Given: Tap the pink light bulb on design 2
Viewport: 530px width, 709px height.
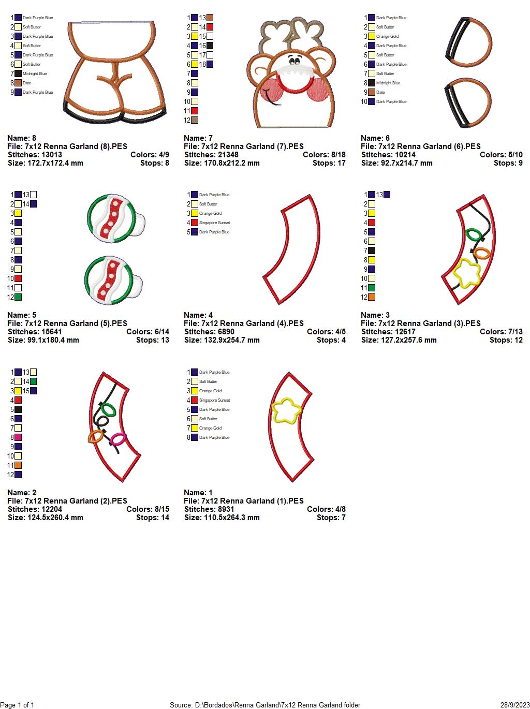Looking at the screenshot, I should pos(118,439).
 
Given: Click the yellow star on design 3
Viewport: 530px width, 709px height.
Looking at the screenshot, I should pos(467,272).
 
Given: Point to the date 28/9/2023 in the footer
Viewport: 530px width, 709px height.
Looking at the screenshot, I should pos(515,705).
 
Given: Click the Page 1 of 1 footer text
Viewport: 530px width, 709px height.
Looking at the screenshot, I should pos(18,705).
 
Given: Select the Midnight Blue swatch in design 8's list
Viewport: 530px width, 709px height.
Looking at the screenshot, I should pos(18,73).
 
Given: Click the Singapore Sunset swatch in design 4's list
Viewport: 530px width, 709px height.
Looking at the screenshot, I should pos(195,223).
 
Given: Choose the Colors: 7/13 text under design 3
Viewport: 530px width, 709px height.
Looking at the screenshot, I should pos(501,332).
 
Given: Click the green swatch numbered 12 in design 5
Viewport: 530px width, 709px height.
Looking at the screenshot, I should pos(18,297).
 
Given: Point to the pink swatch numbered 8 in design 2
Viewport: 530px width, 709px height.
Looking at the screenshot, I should pos(18,437).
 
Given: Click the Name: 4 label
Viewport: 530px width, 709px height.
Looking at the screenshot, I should pos(198,315).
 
